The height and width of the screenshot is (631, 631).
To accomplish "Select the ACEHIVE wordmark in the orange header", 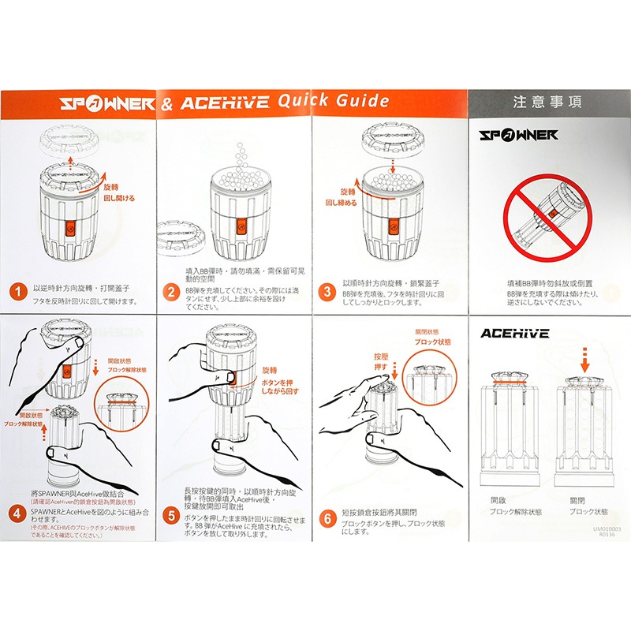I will [x=225, y=103].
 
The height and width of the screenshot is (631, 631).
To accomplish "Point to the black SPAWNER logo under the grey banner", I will [x=519, y=135].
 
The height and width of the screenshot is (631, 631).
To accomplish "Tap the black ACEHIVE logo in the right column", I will [x=515, y=333].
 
